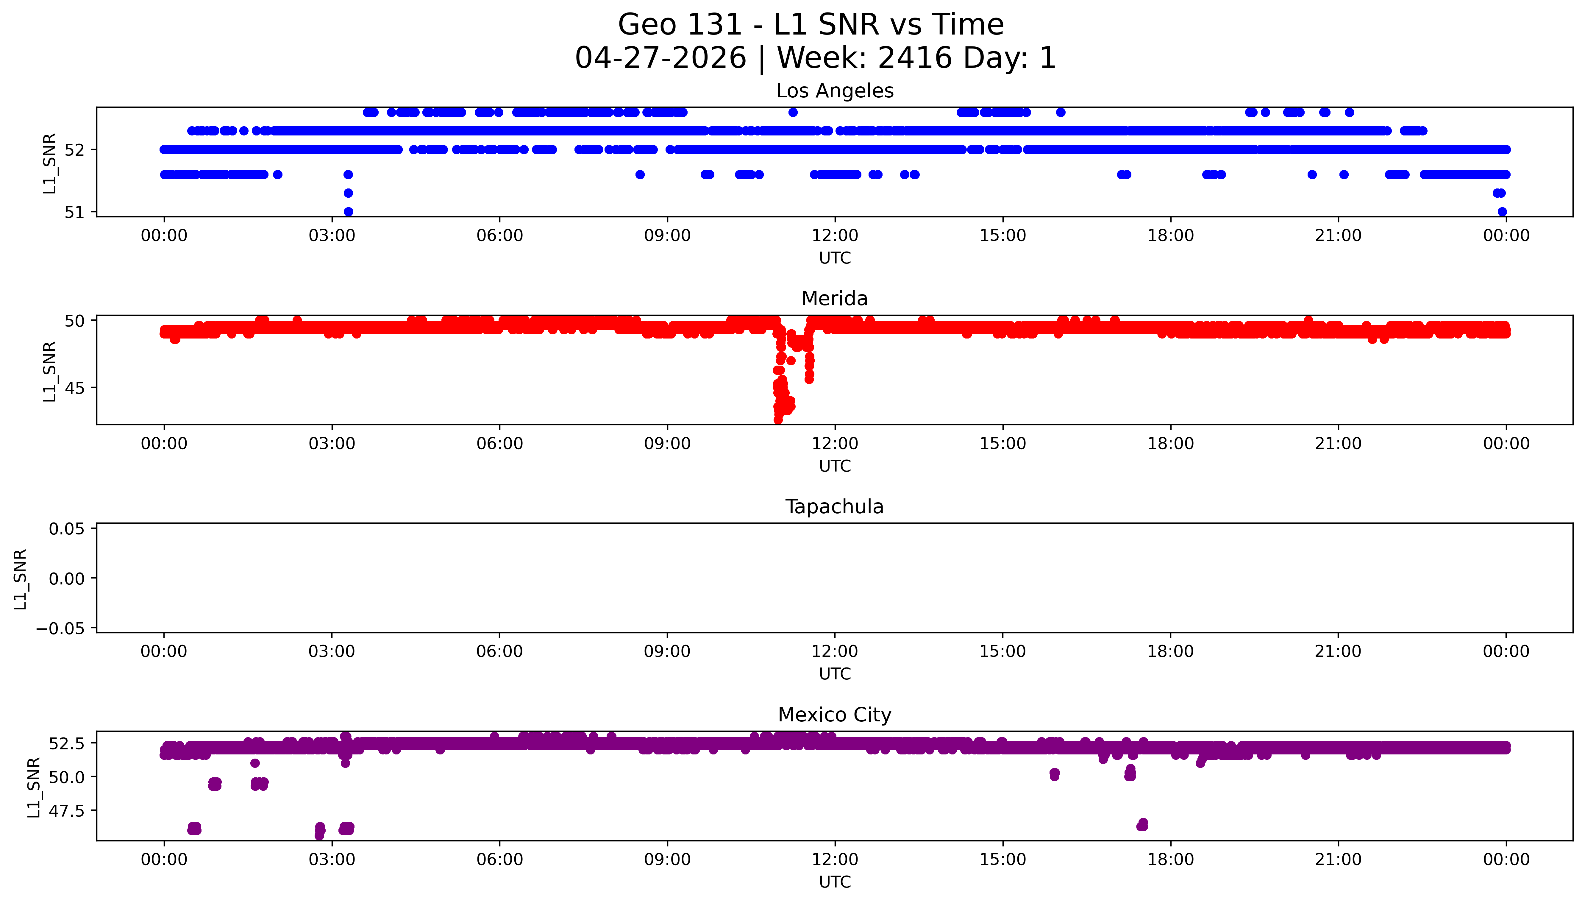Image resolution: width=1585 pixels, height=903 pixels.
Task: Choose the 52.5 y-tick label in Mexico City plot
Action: point(67,743)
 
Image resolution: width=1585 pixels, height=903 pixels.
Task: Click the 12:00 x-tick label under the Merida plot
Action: point(835,443)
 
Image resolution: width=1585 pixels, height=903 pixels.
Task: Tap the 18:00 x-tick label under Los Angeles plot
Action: point(1170,236)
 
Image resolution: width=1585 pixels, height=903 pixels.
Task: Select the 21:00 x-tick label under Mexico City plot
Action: point(1338,860)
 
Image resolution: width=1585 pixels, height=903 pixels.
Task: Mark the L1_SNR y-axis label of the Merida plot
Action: point(50,371)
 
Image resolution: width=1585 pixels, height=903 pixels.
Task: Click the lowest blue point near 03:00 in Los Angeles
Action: point(348,211)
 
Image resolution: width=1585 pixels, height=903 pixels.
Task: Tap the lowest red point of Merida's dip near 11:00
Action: point(778,420)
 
